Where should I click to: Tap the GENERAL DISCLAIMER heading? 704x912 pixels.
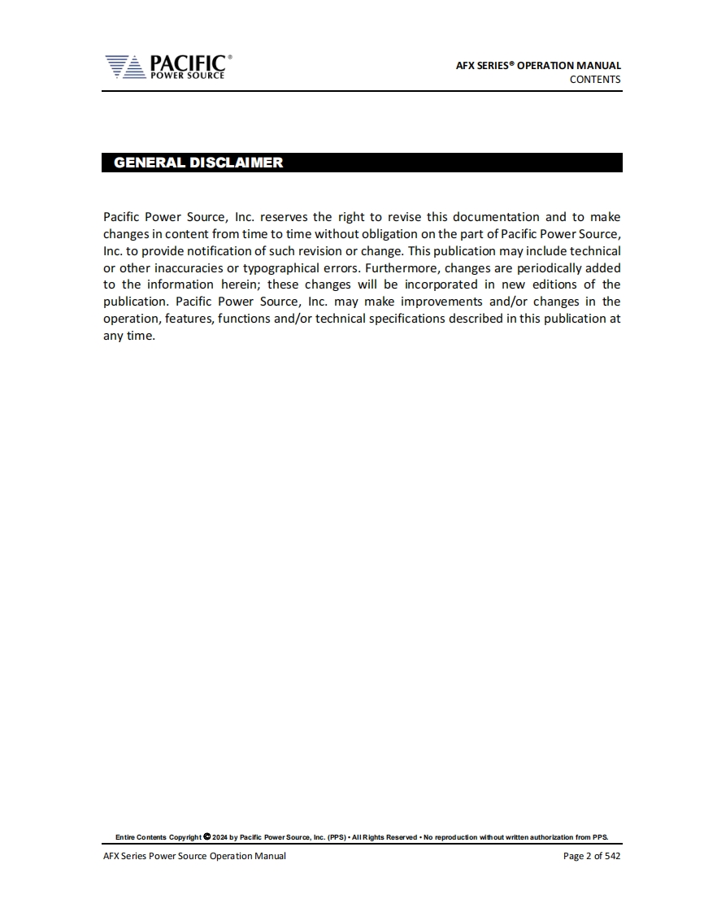point(198,163)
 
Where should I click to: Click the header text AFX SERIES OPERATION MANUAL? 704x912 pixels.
point(538,65)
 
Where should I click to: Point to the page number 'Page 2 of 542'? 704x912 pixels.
point(592,856)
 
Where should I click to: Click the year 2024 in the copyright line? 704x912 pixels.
point(219,836)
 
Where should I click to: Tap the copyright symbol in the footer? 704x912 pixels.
point(206,836)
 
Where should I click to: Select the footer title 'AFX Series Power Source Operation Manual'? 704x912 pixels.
point(194,856)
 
